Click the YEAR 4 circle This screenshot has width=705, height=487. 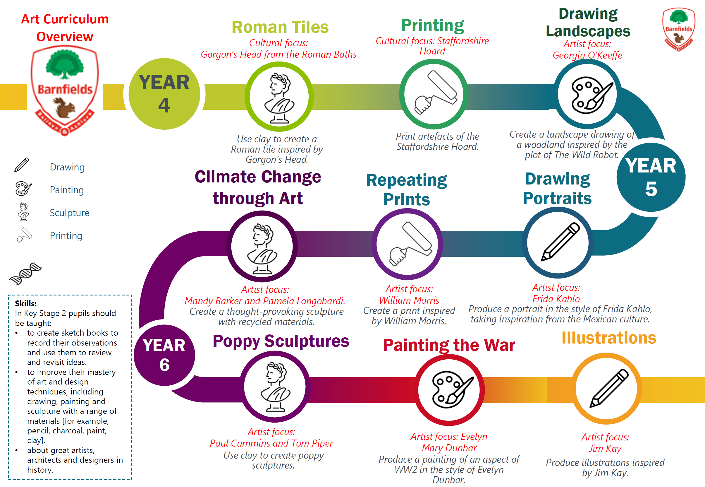tap(164, 94)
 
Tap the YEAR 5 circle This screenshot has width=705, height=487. tap(651, 177)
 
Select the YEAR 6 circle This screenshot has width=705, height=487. tap(164, 355)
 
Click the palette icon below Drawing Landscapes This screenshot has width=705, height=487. tap(591, 95)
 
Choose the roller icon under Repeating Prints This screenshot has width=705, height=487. tap(410, 244)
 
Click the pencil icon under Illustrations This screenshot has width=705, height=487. tap(609, 388)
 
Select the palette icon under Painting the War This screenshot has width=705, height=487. tap(453, 389)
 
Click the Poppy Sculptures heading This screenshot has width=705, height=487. tap(281, 341)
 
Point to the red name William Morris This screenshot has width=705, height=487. tap(409, 300)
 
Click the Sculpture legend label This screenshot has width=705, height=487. tap(70, 213)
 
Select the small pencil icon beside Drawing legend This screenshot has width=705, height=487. tap(22, 165)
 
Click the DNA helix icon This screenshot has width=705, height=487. tap(25, 274)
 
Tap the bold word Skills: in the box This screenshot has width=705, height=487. tap(26, 303)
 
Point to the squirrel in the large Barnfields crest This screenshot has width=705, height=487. tap(65, 107)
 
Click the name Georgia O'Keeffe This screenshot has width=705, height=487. tap(587, 55)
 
